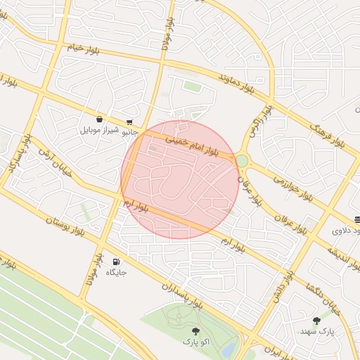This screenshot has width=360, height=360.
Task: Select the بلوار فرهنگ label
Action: point(329,131)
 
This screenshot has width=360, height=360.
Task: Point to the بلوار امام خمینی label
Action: point(192,145)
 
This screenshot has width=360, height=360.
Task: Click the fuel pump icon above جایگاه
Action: point(115,261)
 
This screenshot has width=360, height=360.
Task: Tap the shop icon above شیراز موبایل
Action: point(98,119)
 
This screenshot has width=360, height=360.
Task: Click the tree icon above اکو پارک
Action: point(195,330)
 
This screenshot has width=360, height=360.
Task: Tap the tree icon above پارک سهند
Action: point(316,320)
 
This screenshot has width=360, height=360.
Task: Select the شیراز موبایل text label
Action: point(98,130)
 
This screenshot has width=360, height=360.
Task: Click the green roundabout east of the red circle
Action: point(242,161)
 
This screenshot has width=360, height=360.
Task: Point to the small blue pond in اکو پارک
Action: point(229,349)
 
